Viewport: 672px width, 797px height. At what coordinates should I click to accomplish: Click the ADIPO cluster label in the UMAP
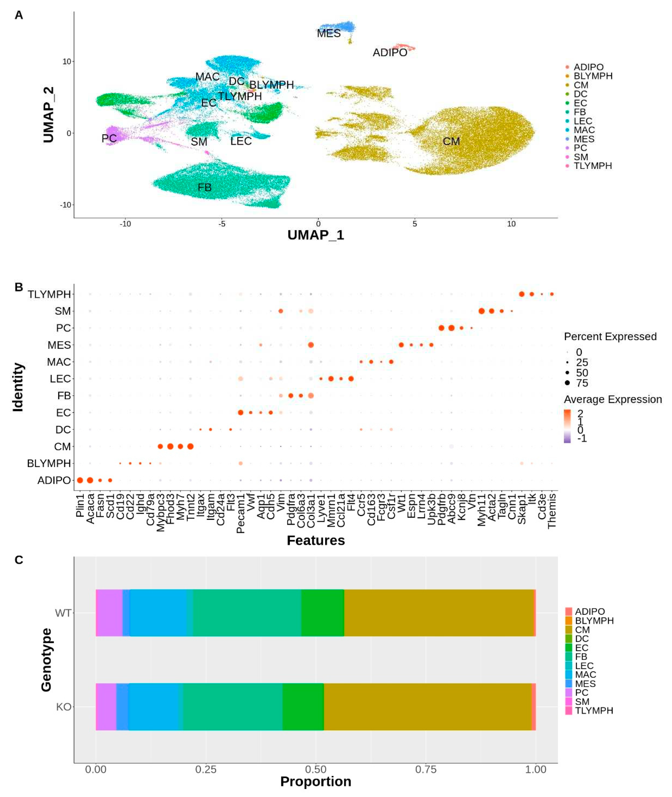(390, 53)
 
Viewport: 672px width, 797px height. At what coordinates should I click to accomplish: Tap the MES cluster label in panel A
(329, 34)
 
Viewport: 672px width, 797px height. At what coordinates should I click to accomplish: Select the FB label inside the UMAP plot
(205, 187)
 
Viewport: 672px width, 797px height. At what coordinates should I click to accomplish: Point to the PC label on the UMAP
(109, 138)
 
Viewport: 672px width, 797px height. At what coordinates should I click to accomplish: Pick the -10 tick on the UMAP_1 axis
(125, 224)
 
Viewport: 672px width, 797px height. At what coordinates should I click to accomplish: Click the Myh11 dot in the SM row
(481, 311)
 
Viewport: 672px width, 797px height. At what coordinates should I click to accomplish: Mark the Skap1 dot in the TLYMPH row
(522, 294)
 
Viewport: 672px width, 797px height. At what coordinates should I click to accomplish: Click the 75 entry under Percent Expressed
(582, 383)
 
